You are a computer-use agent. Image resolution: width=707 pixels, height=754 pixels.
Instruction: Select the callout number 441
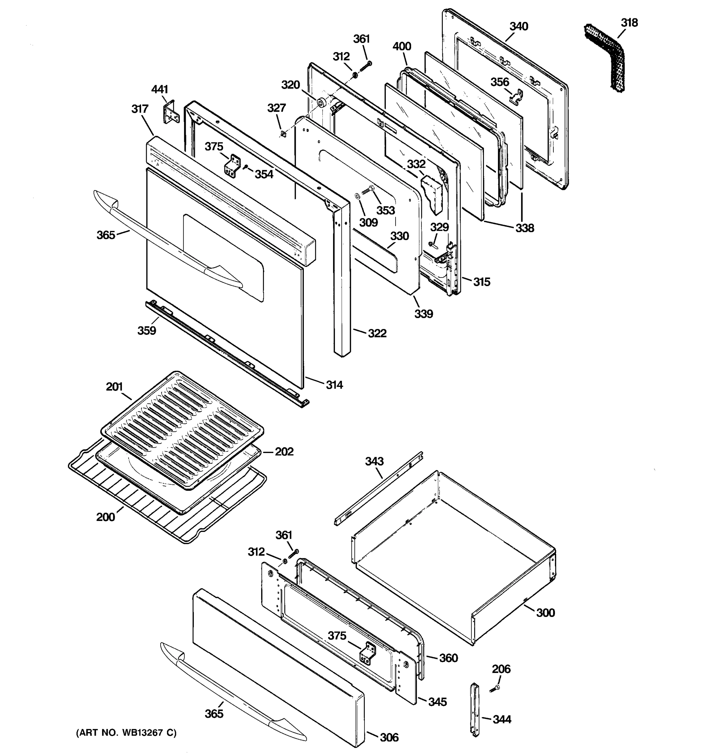click(x=160, y=90)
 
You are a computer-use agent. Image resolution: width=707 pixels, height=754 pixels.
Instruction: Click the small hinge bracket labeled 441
click(x=171, y=112)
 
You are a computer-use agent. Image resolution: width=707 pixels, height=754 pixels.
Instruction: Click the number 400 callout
click(x=402, y=46)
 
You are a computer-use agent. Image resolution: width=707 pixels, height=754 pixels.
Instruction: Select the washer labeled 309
click(x=357, y=196)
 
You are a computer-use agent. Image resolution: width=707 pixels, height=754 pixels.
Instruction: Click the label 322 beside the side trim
click(x=377, y=333)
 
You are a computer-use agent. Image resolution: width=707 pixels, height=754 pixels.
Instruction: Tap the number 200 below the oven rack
click(x=106, y=516)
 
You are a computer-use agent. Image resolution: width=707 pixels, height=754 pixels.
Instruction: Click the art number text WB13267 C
click(x=126, y=733)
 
